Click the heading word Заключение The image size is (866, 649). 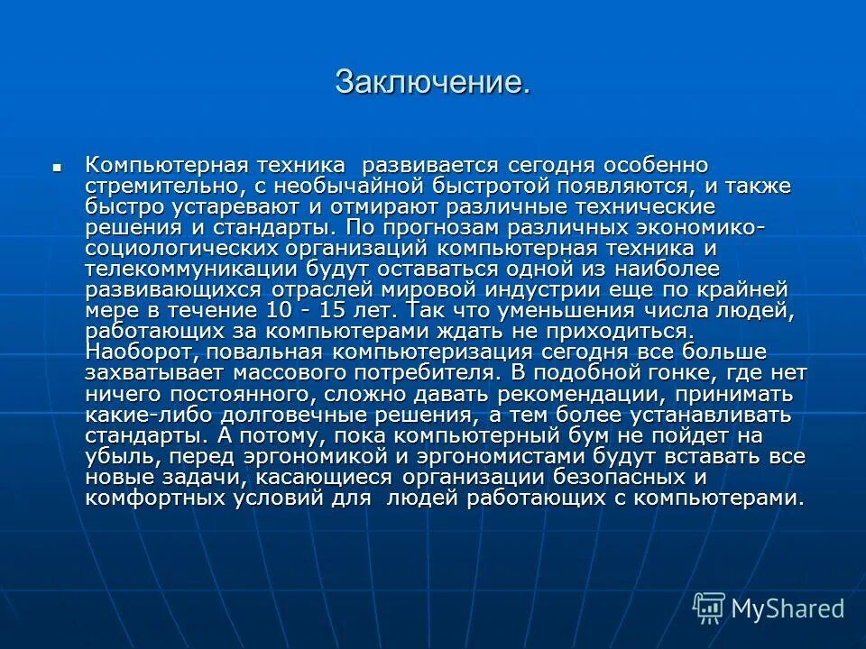432,82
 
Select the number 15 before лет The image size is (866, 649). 338,310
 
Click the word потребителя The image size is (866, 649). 420,371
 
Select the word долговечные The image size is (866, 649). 336,415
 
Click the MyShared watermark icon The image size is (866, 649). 708,608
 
